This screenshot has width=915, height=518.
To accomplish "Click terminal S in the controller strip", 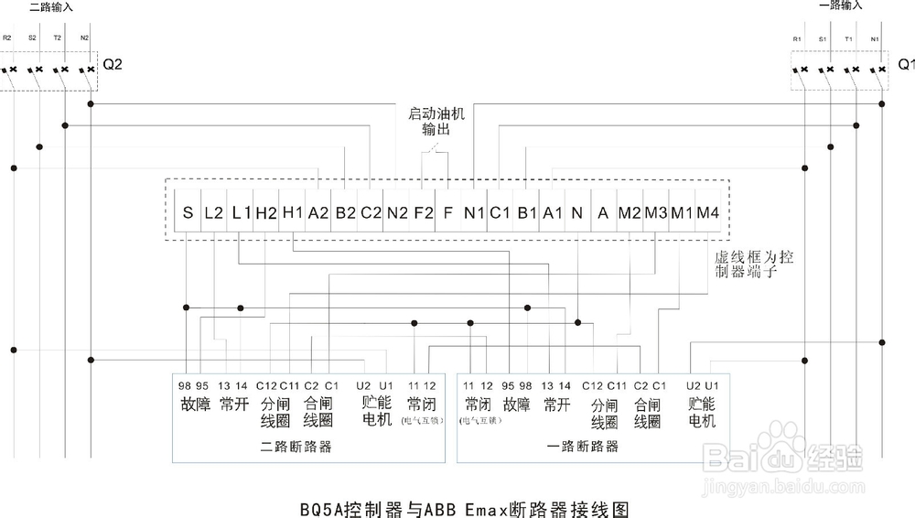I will (188, 213).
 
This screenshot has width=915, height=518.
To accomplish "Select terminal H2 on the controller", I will (265, 213).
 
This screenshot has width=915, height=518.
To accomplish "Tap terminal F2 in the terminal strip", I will (423, 213).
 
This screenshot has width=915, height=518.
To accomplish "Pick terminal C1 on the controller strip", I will (500, 213).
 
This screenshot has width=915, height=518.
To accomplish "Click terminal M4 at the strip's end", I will (707, 213).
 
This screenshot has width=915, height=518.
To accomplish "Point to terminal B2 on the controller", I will (345, 213).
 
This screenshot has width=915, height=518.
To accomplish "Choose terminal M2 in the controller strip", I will (630, 213).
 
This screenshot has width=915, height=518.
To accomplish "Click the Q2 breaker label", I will (113, 66).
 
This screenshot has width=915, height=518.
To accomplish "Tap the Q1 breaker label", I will (905, 65).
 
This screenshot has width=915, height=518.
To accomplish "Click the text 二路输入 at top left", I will (51, 6).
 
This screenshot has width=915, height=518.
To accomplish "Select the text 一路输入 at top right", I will (840, 5).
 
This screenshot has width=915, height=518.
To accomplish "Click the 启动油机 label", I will (436, 115).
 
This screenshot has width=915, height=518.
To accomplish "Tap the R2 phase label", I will (7, 38).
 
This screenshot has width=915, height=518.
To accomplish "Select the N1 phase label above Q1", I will (875, 39).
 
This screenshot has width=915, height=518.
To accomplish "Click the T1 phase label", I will (849, 39).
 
